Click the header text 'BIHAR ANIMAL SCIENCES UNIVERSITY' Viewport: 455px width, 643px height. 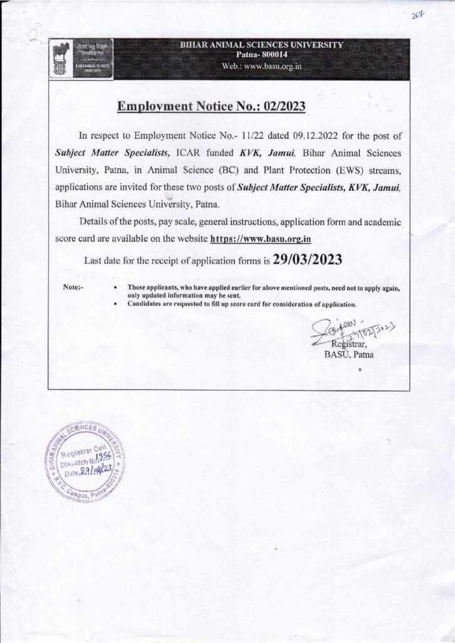[x=261, y=45]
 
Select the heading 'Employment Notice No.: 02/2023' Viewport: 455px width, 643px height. [x=211, y=107]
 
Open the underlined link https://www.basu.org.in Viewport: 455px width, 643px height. [x=261, y=239]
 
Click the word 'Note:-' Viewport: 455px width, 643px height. [x=74, y=286]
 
